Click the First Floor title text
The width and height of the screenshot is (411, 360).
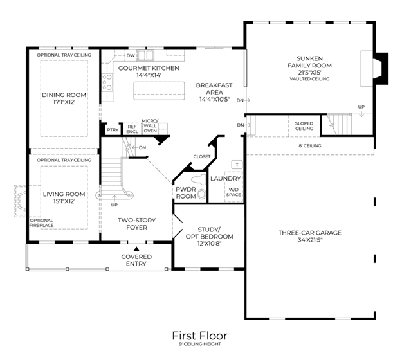coord(200,336)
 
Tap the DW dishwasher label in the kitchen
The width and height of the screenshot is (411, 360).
coord(131,55)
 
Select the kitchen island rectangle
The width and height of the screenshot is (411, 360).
coord(159,91)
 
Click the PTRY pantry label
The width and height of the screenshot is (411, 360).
coord(113,130)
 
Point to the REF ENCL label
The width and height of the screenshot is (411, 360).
coord(132,129)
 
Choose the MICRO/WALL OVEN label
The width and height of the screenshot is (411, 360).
coord(150,126)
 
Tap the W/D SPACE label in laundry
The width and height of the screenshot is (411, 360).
coord(233,192)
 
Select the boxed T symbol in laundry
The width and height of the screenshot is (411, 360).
coord(237,165)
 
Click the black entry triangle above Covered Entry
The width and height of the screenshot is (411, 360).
coord(136,249)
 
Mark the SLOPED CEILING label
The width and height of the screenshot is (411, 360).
coord(304,126)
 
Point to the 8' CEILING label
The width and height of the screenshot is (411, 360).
coord(310,146)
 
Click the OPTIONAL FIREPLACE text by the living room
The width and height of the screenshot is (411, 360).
coord(41,222)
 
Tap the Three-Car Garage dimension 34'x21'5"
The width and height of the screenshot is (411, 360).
coord(310,240)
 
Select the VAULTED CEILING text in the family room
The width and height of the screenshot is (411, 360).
coord(309,79)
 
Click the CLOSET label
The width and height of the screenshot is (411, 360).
coord(202,156)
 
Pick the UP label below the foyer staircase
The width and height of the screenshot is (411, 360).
coord(114,204)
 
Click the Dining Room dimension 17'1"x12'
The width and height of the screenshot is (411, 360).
coord(64,102)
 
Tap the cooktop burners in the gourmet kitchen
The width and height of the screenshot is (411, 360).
coord(107,82)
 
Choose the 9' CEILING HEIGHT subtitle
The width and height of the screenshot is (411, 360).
coord(200,344)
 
